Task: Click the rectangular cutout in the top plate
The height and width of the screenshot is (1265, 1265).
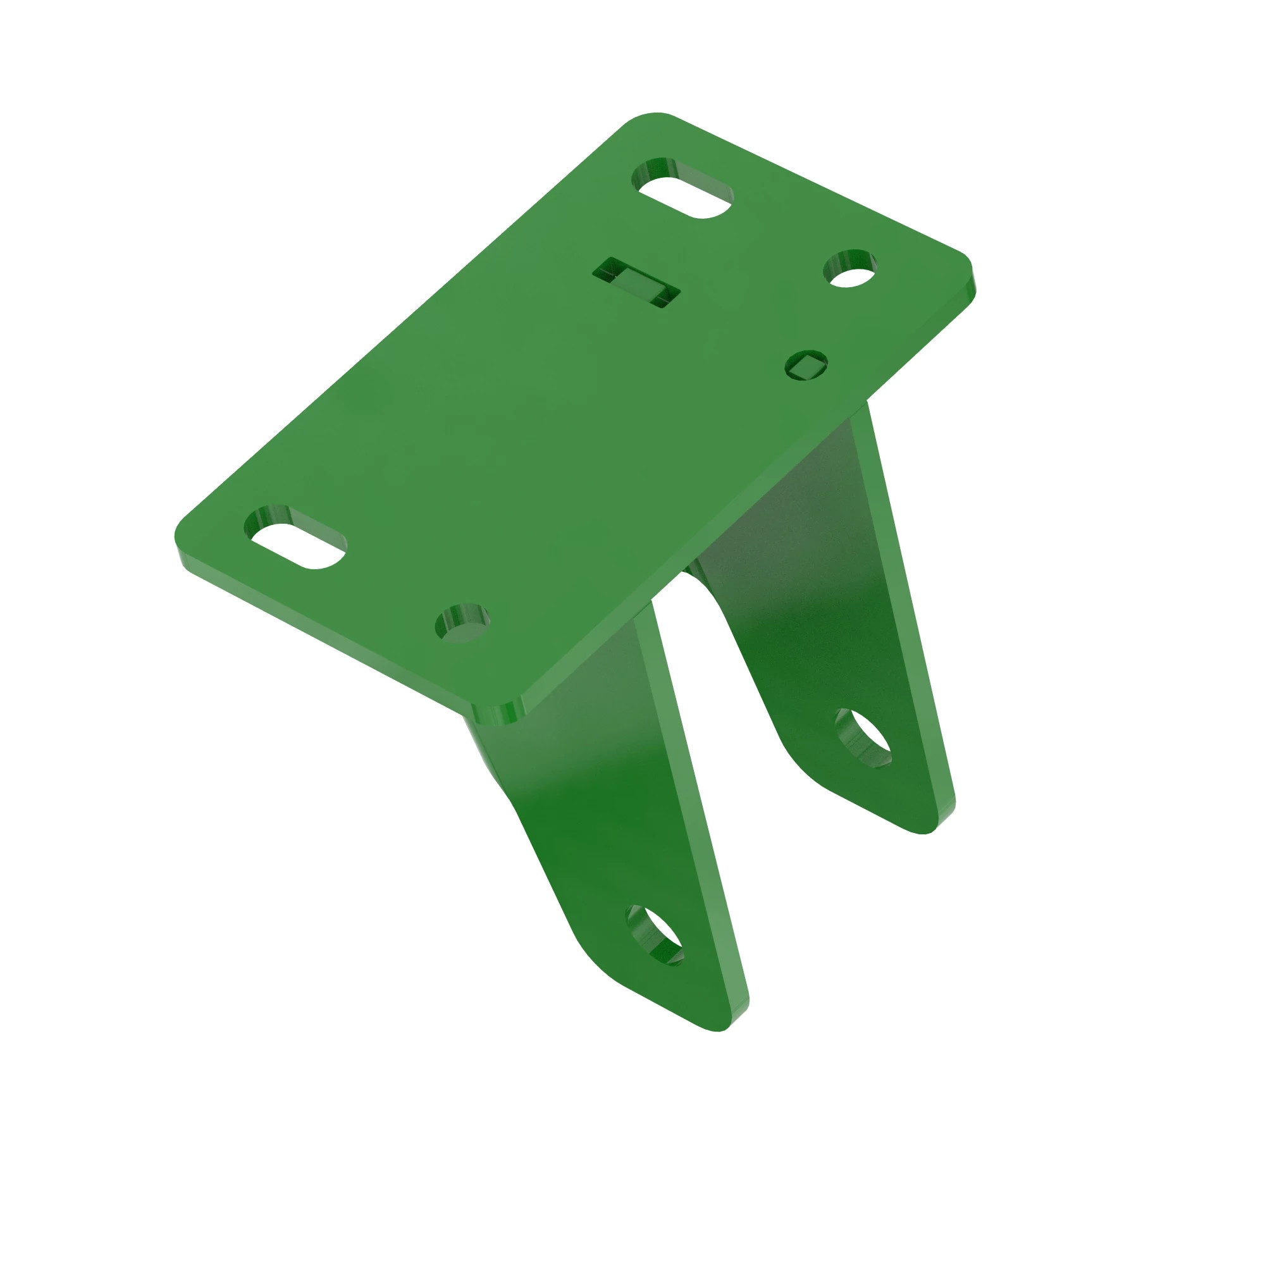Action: [x=636, y=282]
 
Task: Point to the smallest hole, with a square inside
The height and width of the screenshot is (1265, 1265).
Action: [x=806, y=366]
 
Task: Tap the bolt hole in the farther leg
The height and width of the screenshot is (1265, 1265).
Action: [x=863, y=738]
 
